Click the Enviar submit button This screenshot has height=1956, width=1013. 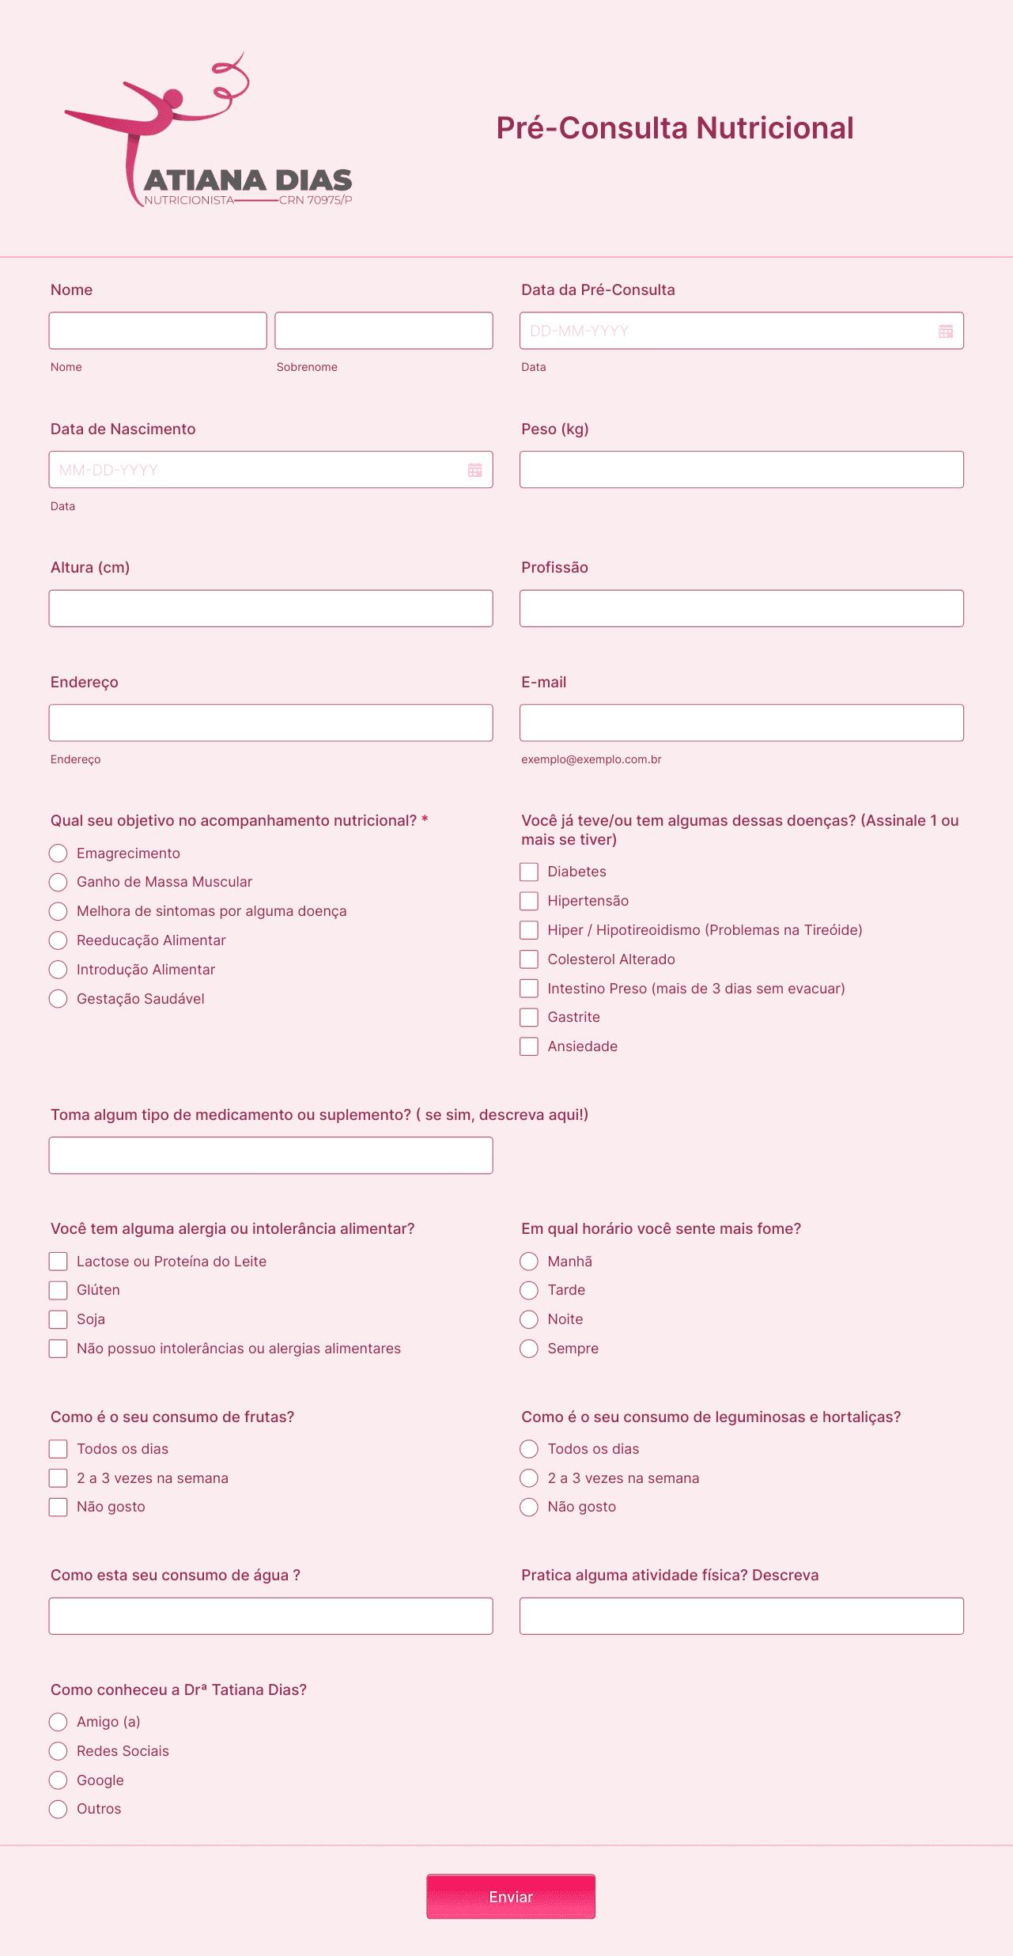511,1896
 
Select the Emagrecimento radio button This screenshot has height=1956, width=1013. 58,853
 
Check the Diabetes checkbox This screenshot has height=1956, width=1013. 529,872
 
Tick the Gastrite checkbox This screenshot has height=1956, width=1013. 529,1017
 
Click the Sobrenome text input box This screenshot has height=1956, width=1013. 384,331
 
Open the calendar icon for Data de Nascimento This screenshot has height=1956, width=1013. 474,470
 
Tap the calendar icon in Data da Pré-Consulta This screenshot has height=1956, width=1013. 945,331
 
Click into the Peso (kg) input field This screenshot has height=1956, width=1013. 741,470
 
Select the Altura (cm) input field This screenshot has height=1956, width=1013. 270,608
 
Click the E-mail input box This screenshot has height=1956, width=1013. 741,723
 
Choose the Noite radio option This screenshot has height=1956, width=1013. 529,1319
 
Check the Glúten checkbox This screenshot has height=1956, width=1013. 58,1290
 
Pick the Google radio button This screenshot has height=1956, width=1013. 58,1780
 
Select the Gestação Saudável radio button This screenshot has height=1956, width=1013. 58,999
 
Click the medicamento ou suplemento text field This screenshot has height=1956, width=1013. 270,1156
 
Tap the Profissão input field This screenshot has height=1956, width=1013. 741,608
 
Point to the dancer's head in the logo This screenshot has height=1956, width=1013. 172,99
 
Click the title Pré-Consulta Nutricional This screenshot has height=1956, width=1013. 675,128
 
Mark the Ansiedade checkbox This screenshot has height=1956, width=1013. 529,1046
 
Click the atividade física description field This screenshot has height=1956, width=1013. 741,1616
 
